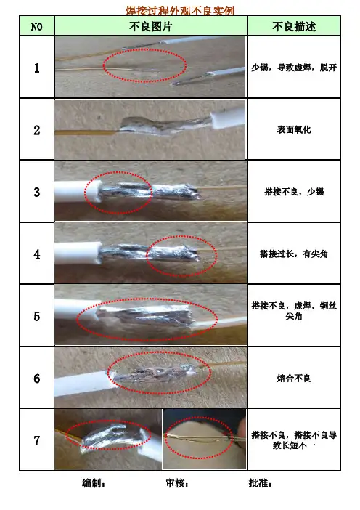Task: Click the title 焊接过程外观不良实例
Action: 180,10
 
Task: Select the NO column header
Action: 37,26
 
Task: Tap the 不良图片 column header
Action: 150,26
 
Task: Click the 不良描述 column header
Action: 294,26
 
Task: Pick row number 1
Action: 37,68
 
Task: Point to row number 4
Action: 37,254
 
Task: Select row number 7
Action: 37,440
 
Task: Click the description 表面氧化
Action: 294,130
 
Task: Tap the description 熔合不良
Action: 294,378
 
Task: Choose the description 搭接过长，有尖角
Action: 294,254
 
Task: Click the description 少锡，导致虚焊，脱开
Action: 294,68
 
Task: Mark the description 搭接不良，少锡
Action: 294,192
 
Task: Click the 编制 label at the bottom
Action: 94,483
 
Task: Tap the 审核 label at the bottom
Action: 177,483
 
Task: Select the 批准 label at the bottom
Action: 261,483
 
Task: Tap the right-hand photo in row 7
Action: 204,439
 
